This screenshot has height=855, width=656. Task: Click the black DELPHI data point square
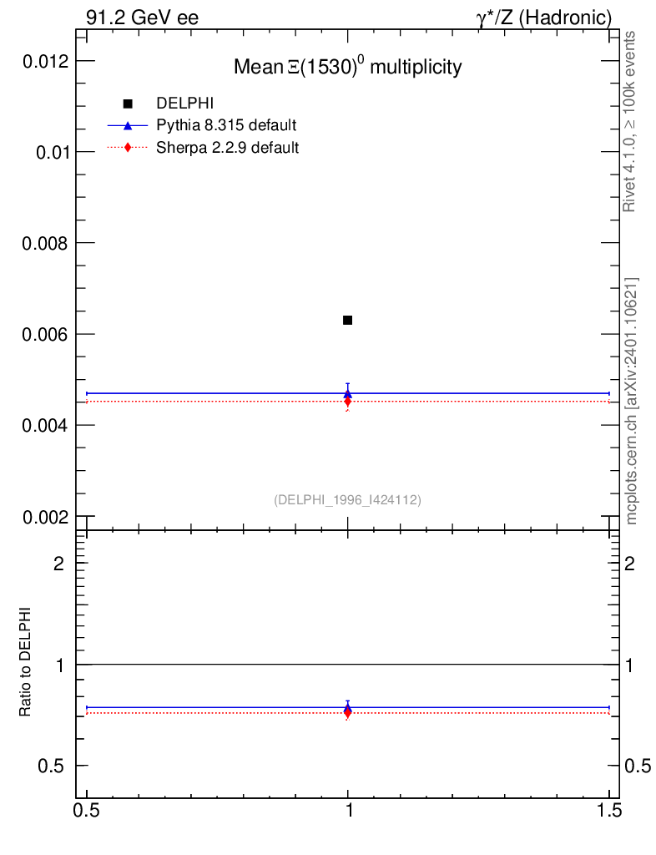click(x=347, y=320)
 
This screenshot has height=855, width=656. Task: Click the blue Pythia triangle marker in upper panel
click(x=348, y=393)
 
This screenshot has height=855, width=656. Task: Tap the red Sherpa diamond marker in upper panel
click(x=348, y=402)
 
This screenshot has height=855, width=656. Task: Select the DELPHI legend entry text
click(x=185, y=104)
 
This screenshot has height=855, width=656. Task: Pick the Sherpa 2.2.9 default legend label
click(x=228, y=148)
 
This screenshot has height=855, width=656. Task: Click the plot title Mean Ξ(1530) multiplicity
click(x=347, y=67)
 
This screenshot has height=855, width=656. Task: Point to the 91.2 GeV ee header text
click(x=142, y=18)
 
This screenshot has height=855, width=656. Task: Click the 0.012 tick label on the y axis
click(x=43, y=61)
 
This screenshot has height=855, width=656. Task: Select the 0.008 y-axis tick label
click(x=43, y=243)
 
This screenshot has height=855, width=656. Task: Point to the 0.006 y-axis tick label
click(x=43, y=334)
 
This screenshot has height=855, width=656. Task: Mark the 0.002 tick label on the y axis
click(x=43, y=516)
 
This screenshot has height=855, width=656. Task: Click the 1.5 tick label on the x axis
click(x=608, y=833)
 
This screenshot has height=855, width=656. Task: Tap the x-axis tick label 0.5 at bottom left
click(x=87, y=833)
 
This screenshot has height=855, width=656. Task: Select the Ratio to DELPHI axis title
click(x=26, y=662)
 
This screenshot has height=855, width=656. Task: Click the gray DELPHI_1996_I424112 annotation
click(x=347, y=500)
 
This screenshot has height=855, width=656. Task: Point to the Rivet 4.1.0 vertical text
click(x=630, y=121)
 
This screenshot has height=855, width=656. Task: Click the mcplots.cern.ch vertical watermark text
click(x=631, y=401)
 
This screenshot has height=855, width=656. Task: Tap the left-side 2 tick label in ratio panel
click(x=59, y=563)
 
